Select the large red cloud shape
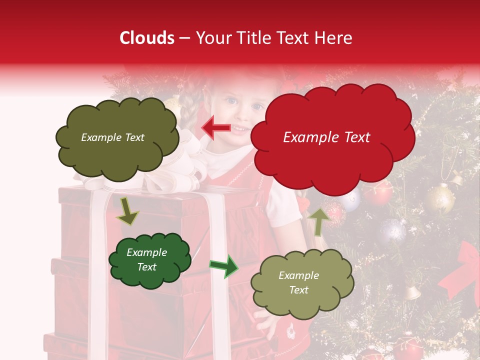click(x=332, y=150)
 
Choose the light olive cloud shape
click(x=302, y=300)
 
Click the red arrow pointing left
click(x=215, y=128)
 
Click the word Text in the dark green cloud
click(x=147, y=267)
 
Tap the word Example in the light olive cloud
click(x=298, y=275)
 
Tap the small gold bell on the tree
click(x=412, y=292)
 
